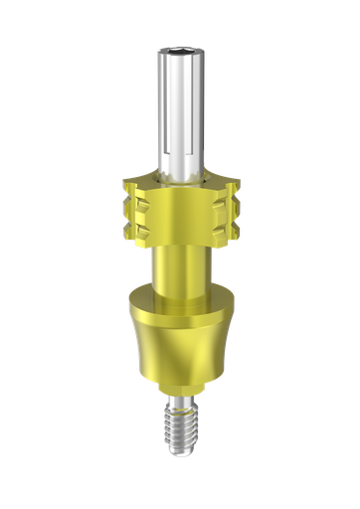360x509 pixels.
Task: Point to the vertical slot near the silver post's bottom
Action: tap(173, 159)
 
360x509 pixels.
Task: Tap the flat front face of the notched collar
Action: tap(180, 214)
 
